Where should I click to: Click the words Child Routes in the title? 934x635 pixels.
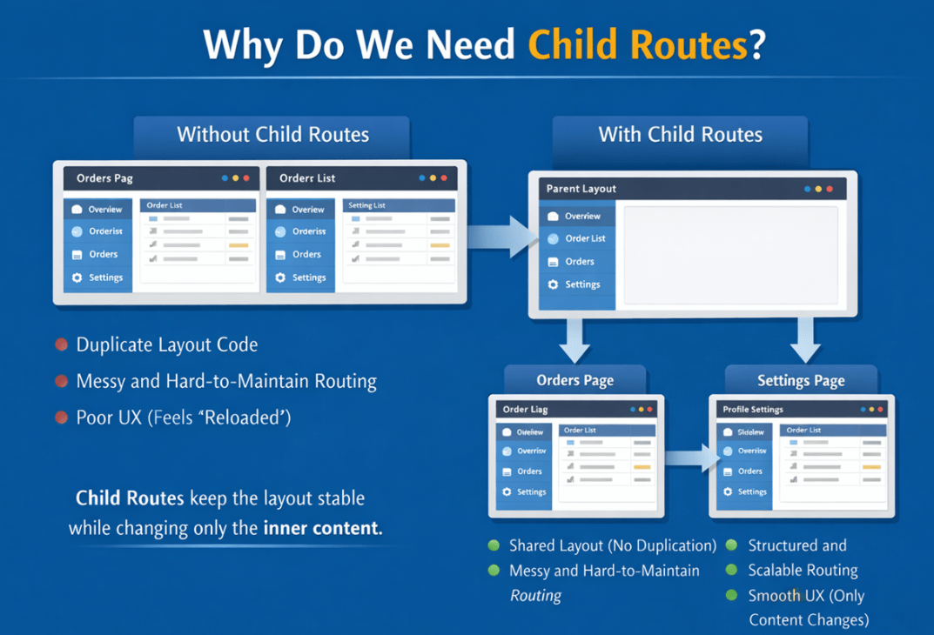tap(638, 44)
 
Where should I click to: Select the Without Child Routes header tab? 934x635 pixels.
tap(272, 135)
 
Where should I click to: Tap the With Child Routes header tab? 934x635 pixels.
tap(680, 135)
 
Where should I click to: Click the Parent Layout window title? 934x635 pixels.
tap(581, 189)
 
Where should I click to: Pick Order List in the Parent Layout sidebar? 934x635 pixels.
tap(585, 238)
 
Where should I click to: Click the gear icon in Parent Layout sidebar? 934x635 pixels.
tap(553, 284)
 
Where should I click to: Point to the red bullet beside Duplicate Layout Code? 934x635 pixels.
tap(62, 344)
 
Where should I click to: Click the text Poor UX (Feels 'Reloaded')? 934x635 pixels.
tap(183, 418)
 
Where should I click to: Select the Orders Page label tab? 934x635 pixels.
tap(575, 380)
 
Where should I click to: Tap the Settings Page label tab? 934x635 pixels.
tap(801, 380)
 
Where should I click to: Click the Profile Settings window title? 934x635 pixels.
tap(753, 409)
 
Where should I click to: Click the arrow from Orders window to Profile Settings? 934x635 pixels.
tap(692, 458)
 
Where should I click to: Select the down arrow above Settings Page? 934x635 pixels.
tap(805, 339)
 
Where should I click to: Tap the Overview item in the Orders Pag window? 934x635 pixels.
tap(104, 210)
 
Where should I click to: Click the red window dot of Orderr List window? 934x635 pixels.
tap(444, 178)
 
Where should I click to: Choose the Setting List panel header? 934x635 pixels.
tap(366, 205)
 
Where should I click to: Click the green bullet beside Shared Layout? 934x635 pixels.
tap(494, 545)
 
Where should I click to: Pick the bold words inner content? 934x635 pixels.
tap(322, 528)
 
